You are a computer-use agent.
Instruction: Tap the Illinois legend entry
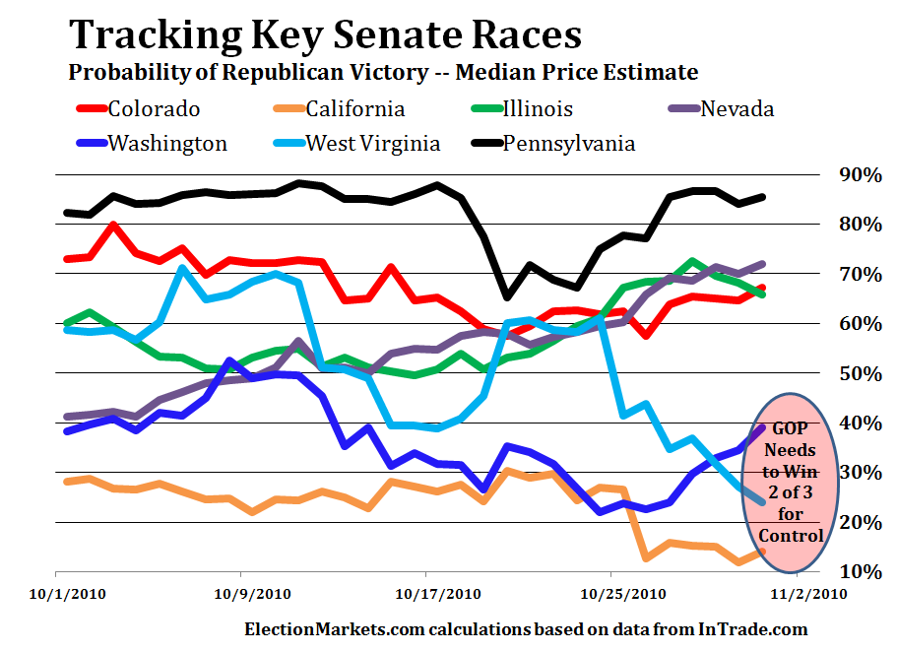click(x=538, y=108)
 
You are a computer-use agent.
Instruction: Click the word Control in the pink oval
click(x=791, y=537)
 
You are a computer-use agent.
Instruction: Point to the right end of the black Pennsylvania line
click(x=763, y=197)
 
